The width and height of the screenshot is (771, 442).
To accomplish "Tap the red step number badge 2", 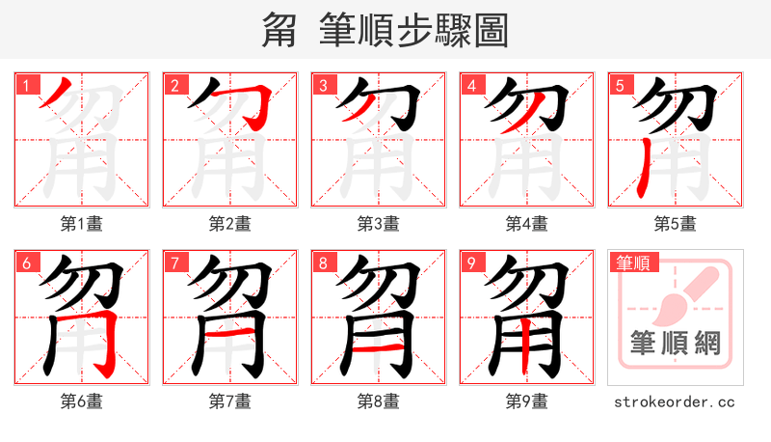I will click(175, 85).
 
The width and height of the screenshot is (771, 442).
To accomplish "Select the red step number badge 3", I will click(324, 85).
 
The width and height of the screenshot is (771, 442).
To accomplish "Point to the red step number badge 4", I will click(472, 85).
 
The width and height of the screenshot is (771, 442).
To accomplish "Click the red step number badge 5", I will click(621, 85).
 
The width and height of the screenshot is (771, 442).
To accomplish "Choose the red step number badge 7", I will click(175, 262).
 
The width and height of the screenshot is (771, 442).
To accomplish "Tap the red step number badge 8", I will click(324, 262).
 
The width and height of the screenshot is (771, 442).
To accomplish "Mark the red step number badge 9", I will click(472, 262).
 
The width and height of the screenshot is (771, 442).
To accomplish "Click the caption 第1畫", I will click(82, 224).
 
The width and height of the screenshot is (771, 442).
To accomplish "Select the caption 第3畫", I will click(379, 224).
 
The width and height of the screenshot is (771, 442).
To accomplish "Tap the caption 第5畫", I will click(676, 224).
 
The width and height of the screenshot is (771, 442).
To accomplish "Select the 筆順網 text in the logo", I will click(675, 344).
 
